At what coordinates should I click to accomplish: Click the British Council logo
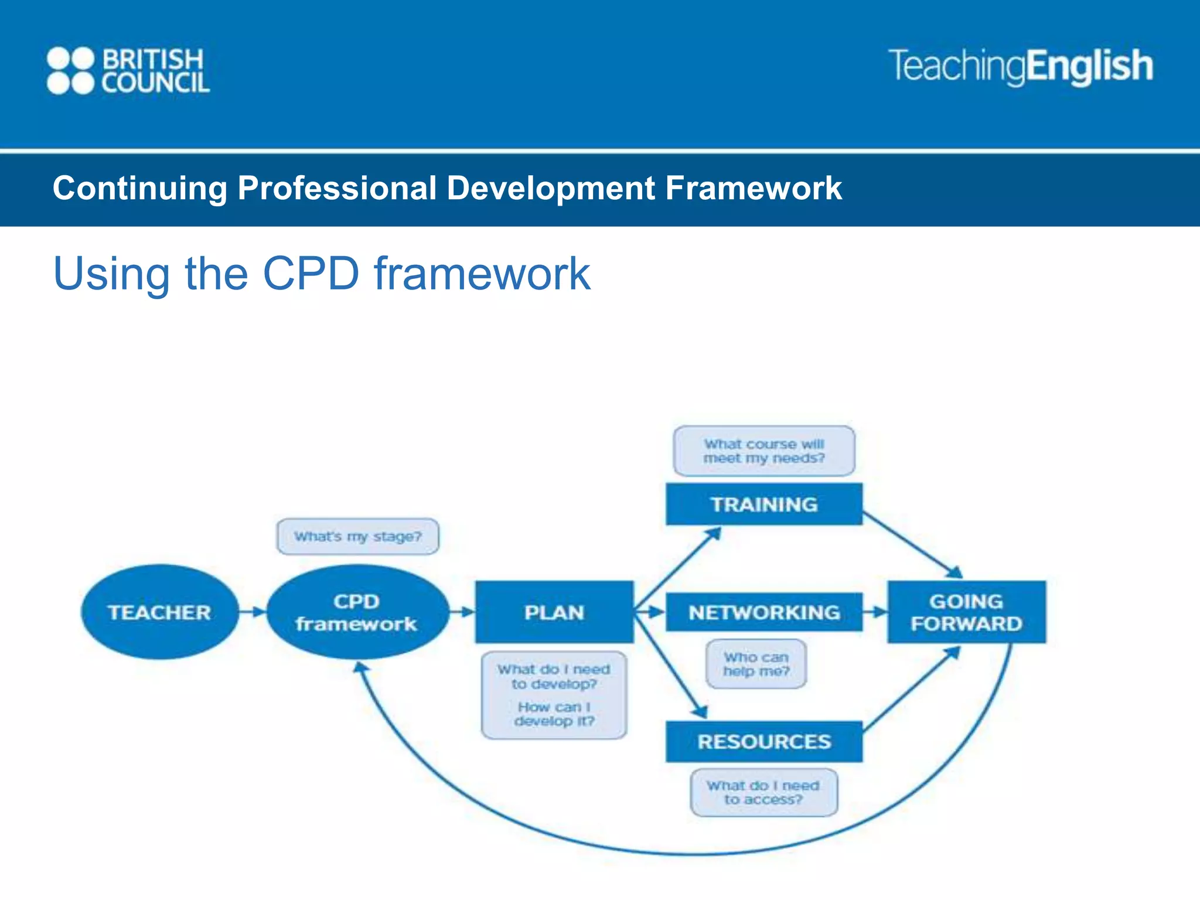click(x=128, y=70)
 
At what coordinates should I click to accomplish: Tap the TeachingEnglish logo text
click(x=1021, y=66)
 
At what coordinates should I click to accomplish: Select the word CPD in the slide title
click(x=311, y=273)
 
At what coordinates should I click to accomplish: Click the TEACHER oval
click(x=159, y=612)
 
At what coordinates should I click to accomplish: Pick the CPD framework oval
click(x=357, y=612)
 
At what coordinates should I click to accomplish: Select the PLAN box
click(x=554, y=612)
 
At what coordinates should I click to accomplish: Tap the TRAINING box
click(x=763, y=504)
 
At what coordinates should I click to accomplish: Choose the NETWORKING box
click(x=763, y=612)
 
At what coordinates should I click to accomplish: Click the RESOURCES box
click(x=763, y=741)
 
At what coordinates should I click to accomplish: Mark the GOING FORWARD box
click(x=966, y=612)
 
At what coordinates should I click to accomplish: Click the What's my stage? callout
click(x=357, y=536)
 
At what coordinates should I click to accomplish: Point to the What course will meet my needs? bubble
click(x=763, y=451)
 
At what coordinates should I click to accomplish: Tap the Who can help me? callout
click(x=756, y=664)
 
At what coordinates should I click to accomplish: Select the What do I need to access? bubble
click(x=763, y=792)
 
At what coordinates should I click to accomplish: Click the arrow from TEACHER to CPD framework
click(x=253, y=612)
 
